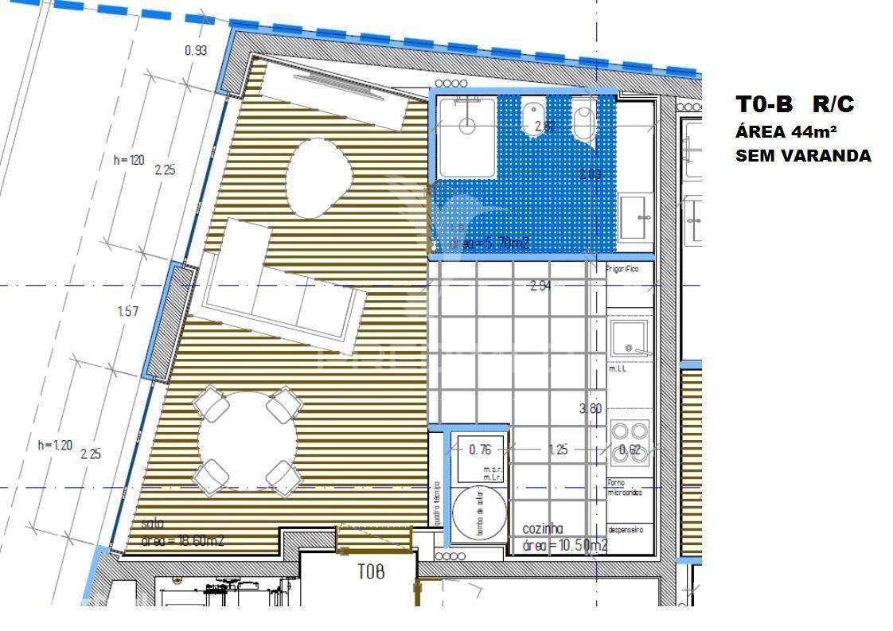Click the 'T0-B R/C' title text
pyautogui.click(x=795, y=104)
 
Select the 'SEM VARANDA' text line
pyautogui.click(x=803, y=156)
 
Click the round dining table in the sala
pyautogui.click(x=248, y=441)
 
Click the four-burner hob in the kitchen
pyautogui.click(x=630, y=442)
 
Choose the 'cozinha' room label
pyautogui.click(x=543, y=528)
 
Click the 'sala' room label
pyautogui.click(x=153, y=524)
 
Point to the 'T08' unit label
pyautogui.click(x=371, y=571)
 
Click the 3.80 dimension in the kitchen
pyautogui.click(x=590, y=408)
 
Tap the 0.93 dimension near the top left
pyautogui.click(x=196, y=50)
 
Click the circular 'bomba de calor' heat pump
pyautogui.click(x=480, y=513)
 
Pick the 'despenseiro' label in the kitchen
pyautogui.click(x=626, y=529)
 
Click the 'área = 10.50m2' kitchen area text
pyautogui.click(x=565, y=545)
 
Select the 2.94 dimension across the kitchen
pyautogui.click(x=540, y=286)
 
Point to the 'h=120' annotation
pyautogui.click(x=129, y=160)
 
